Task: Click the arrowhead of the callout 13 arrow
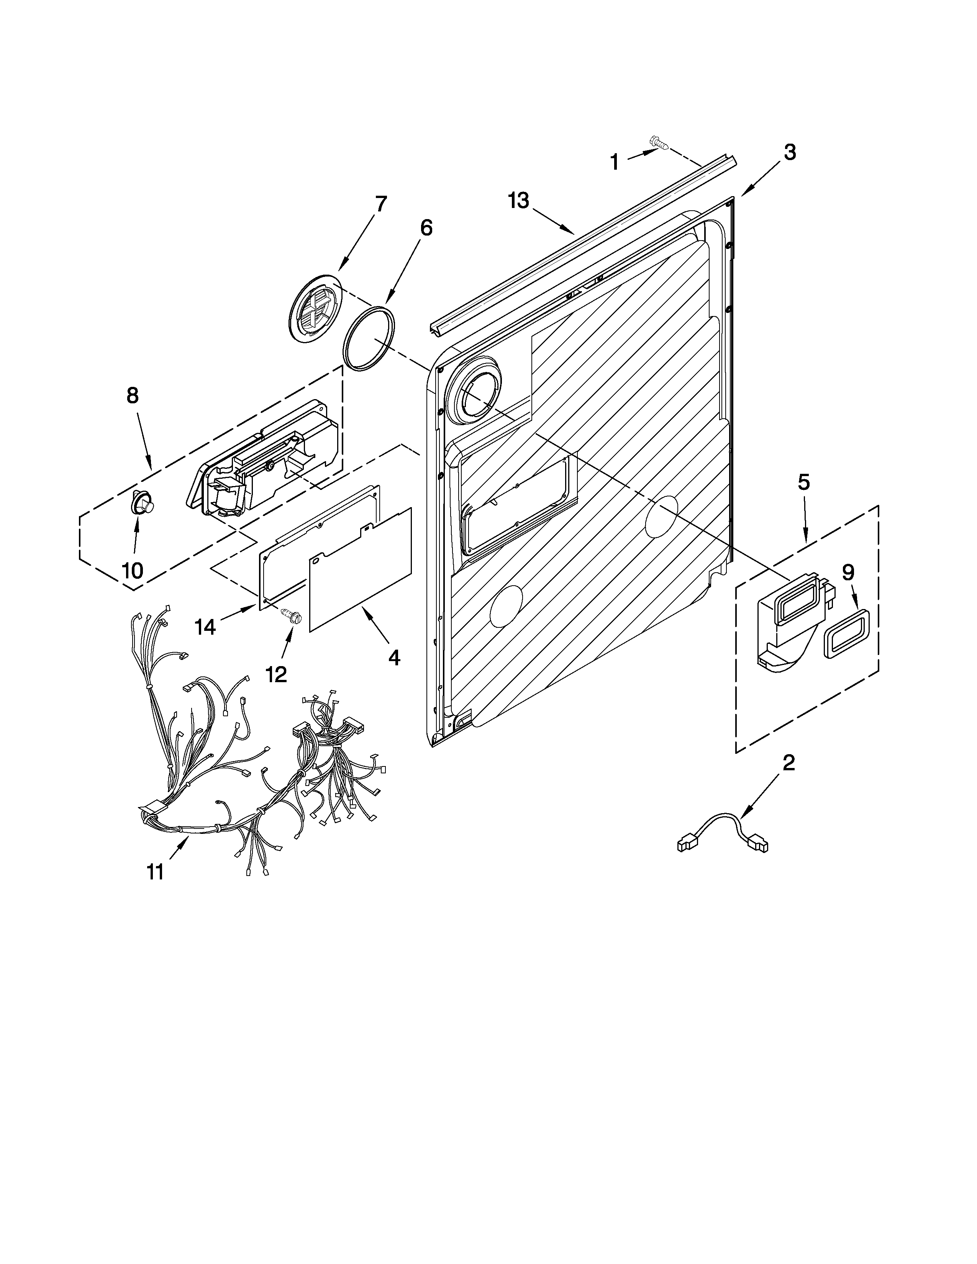pyautogui.click(x=574, y=233)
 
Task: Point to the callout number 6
pyautogui.click(x=425, y=228)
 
